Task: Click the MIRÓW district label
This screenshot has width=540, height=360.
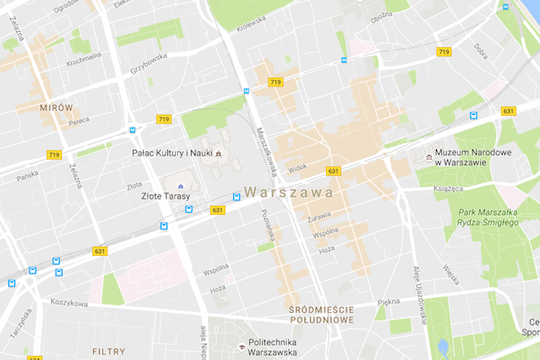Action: (x=57, y=107)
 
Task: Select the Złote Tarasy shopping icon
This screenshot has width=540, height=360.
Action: (x=179, y=185)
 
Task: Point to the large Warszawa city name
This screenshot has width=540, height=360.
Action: (x=287, y=192)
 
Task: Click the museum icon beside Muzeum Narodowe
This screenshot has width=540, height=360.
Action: (x=428, y=157)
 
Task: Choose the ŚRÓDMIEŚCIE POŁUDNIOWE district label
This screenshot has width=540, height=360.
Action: (x=319, y=315)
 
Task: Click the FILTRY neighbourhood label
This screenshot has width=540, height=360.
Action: (x=108, y=350)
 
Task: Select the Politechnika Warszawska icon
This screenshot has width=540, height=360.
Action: (x=241, y=345)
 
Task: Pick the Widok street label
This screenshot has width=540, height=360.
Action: (x=297, y=168)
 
